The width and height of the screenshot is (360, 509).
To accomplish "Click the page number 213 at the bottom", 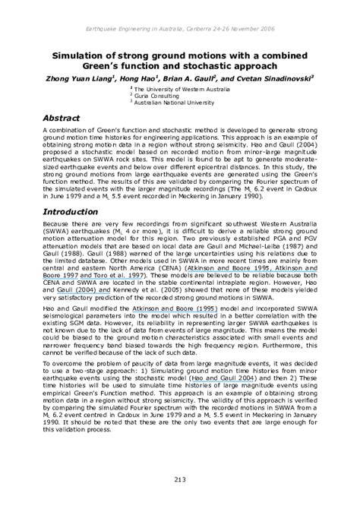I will pyautogui.click(x=180, y=478).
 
